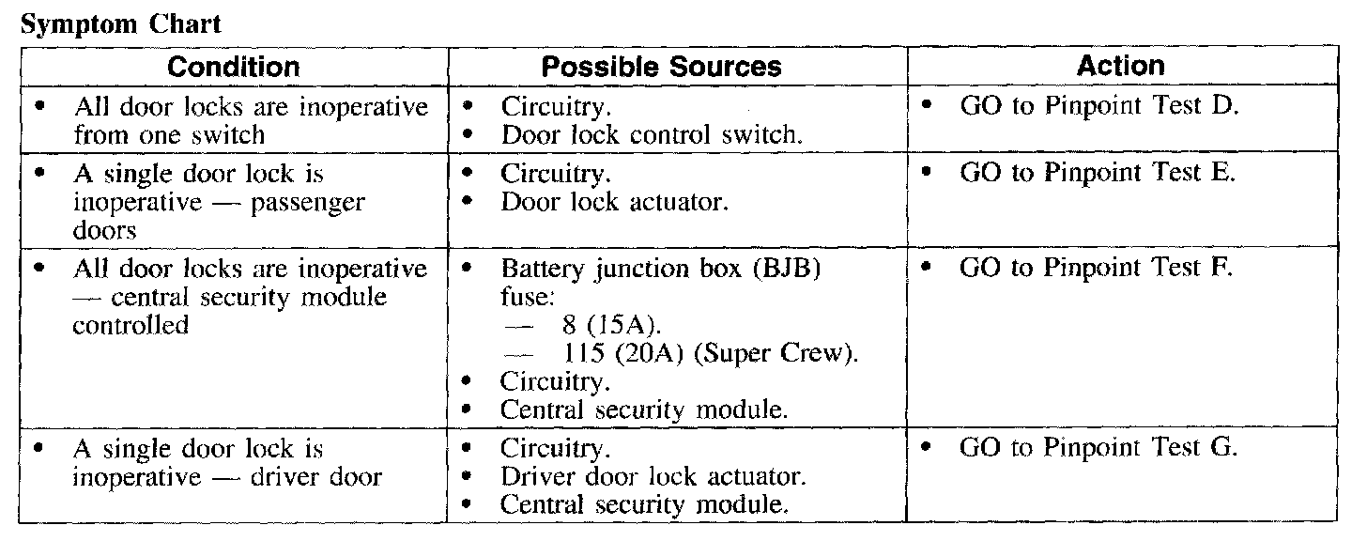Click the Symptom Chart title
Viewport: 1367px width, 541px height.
pyautogui.click(x=120, y=24)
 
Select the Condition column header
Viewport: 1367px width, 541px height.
pyautogui.click(x=234, y=68)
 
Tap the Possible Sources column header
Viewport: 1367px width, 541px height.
pyautogui.click(x=662, y=68)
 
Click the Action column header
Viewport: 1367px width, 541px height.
pyautogui.click(x=1121, y=67)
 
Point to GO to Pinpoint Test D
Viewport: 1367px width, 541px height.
pyautogui.click(x=1099, y=107)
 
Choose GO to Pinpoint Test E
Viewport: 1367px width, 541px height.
pyautogui.click(x=1098, y=174)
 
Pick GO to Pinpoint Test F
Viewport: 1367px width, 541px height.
pyautogui.click(x=1097, y=268)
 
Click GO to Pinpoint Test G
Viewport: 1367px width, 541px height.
pyautogui.click(x=1099, y=449)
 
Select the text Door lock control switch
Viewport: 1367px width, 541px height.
pyautogui.click(x=652, y=135)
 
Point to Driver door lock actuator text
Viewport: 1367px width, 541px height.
pyautogui.click(x=653, y=476)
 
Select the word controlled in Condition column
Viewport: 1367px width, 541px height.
pyautogui.click(x=131, y=326)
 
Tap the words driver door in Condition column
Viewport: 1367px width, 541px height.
pyautogui.click(x=316, y=476)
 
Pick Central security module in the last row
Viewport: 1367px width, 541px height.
pyautogui.click(x=643, y=504)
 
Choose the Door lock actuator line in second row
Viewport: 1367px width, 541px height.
pyautogui.click(x=614, y=202)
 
